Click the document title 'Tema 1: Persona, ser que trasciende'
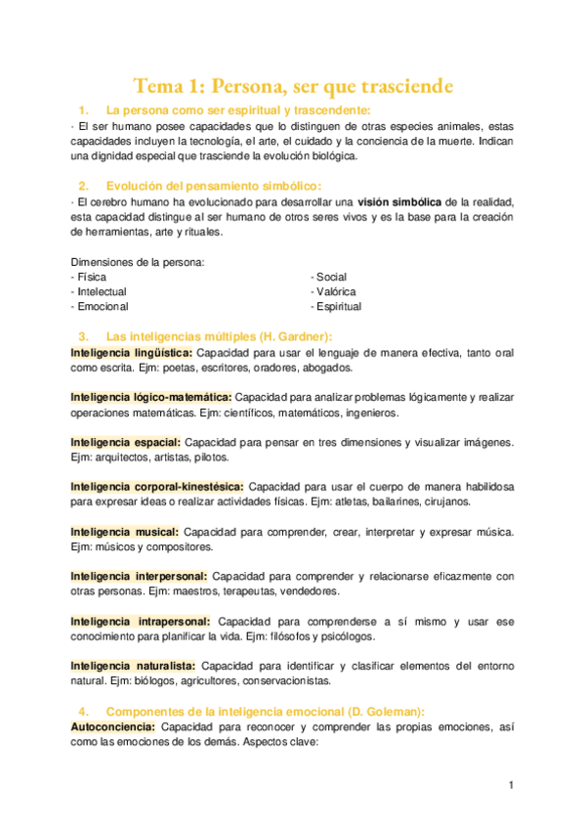(293, 86)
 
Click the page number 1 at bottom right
(511, 785)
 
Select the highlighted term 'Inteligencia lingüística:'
(133, 352)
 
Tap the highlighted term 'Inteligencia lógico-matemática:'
(151, 397)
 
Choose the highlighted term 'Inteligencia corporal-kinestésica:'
(157, 486)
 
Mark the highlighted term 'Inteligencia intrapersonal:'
(141, 621)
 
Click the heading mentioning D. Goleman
(265, 711)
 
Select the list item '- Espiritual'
(336, 306)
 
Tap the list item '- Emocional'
(99, 306)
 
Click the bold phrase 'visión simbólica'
(403, 201)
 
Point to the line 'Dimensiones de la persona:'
(138, 262)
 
